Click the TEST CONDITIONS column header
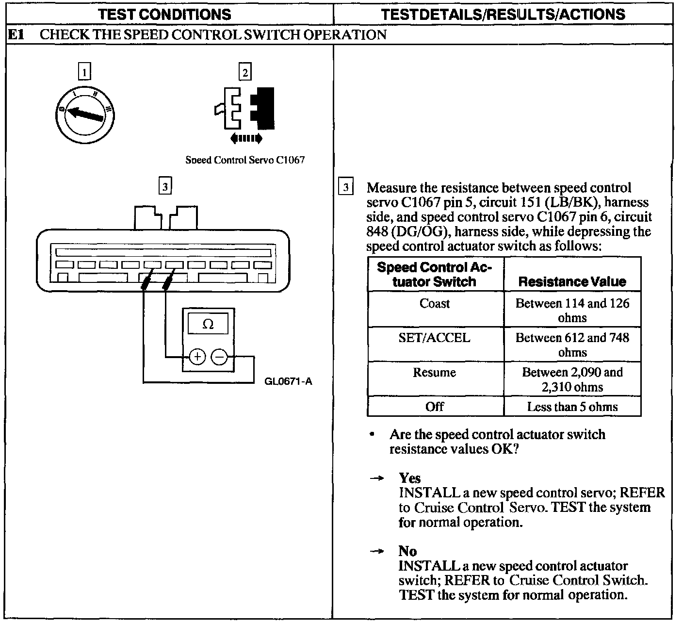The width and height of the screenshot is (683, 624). (165, 15)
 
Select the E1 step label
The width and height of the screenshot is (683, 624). (16, 35)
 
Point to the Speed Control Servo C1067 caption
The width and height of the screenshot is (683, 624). (245, 160)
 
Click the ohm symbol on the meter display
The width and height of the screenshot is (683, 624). (208, 324)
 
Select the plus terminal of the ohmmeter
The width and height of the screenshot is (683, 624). (197, 358)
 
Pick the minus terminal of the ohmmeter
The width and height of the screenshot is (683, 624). (219, 358)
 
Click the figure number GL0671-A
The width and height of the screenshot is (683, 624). (288, 381)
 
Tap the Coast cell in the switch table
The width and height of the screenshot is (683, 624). (435, 304)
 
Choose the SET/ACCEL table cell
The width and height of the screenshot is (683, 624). (435, 338)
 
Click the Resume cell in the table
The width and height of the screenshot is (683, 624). (435, 373)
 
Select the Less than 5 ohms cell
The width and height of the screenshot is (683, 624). (572, 407)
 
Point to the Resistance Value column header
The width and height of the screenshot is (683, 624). (572, 281)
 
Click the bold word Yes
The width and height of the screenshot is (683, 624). (410, 478)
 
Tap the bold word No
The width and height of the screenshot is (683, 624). (407, 551)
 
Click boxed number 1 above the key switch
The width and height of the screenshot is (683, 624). (84, 73)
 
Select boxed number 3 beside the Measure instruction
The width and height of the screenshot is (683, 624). (345, 187)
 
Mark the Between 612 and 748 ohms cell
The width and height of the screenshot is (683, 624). (572, 345)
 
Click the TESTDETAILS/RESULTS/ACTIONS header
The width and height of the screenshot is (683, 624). (504, 15)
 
